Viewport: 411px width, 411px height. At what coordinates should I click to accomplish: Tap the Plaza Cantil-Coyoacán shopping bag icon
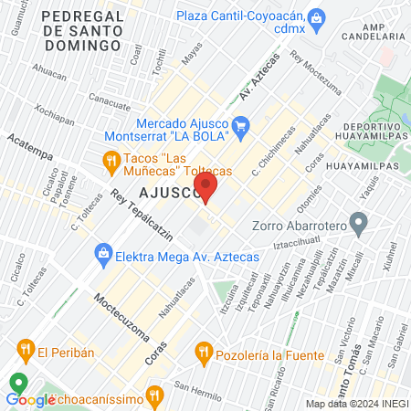click(x=317, y=17)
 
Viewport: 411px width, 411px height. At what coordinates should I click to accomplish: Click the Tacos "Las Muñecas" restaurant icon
click(x=111, y=162)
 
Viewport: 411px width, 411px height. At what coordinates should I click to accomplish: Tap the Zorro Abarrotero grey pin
click(x=359, y=222)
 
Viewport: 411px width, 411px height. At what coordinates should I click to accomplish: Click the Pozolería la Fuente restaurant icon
click(x=204, y=350)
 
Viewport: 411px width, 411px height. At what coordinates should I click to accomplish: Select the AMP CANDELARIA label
click(x=374, y=29)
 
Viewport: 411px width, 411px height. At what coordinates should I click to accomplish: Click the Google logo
click(x=31, y=399)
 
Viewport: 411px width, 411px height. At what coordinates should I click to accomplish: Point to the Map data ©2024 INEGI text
click(x=357, y=404)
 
